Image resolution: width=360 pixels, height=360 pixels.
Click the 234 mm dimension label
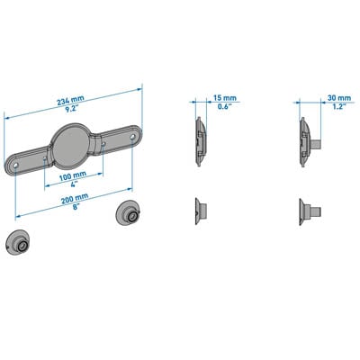pos(70,100)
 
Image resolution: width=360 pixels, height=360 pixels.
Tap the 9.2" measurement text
pos(71,109)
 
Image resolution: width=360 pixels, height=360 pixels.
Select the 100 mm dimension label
pos(73,176)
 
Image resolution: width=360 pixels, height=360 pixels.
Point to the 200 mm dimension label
pos(75,199)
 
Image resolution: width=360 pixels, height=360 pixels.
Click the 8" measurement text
pos(76,207)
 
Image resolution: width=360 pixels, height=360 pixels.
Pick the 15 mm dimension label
pos(225,98)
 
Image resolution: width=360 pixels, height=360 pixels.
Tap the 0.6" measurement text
pos(224,106)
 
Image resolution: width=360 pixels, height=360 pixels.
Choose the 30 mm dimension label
pos(339,98)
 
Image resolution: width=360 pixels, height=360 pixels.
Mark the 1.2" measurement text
pos(339,106)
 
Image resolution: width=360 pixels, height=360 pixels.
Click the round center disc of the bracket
pos(71,146)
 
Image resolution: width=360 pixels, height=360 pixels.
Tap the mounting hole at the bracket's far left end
pos(15,166)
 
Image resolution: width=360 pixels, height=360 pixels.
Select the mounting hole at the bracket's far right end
pos(133,138)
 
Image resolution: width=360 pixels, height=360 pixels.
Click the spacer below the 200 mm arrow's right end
pos(128,214)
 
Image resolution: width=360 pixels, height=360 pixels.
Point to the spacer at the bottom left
pos(18,242)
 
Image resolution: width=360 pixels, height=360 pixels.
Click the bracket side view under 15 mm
pos(201,142)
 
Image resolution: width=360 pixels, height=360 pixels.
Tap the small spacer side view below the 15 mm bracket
pos(200,211)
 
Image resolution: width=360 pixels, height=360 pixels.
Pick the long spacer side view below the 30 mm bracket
pos(310,212)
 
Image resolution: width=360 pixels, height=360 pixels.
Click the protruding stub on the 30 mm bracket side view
pos(317,144)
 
